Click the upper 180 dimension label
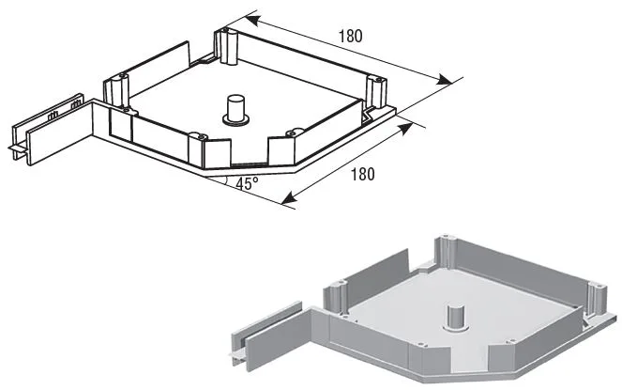pyautogui.click(x=350, y=36)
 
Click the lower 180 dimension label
pyautogui.click(x=362, y=174)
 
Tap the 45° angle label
pyautogui.click(x=247, y=183)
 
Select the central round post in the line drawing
pyautogui.click(x=235, y=110)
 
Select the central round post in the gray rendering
pyautogui.click(x=457, y=319)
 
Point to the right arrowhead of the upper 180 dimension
pyautogui.click(x=444, y=79)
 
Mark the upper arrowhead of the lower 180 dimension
pyautogui.click(x=404, y=129)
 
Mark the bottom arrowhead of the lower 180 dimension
pyautogui.click(x=289, y=198)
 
